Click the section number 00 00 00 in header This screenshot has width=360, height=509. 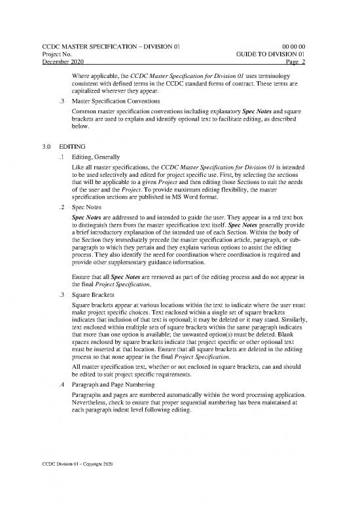(x=304, y=45)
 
